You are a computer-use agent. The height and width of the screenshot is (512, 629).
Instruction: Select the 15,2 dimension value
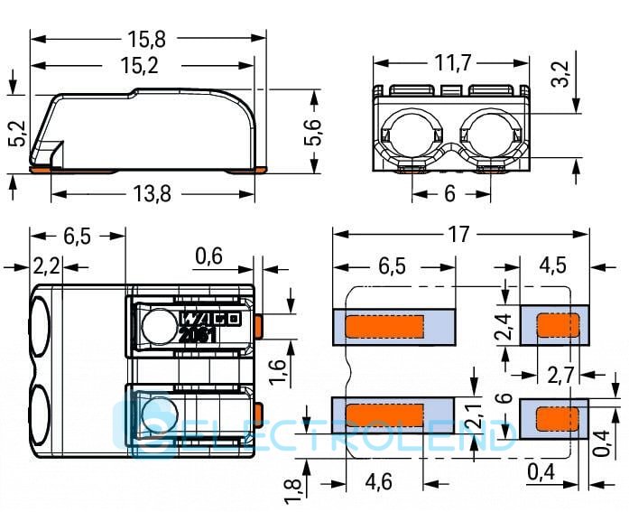(x=147, y=66)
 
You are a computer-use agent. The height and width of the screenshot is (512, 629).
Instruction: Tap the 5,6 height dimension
(x=312, y=134)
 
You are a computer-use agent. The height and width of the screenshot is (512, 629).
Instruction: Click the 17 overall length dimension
(x=458, y=235)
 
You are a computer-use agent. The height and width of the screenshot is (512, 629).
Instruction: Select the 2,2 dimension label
(x=45, y=267)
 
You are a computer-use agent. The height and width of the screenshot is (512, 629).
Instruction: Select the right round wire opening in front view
(x=489, y=136)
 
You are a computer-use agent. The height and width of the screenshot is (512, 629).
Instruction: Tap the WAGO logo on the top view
(x=208, y=319)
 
